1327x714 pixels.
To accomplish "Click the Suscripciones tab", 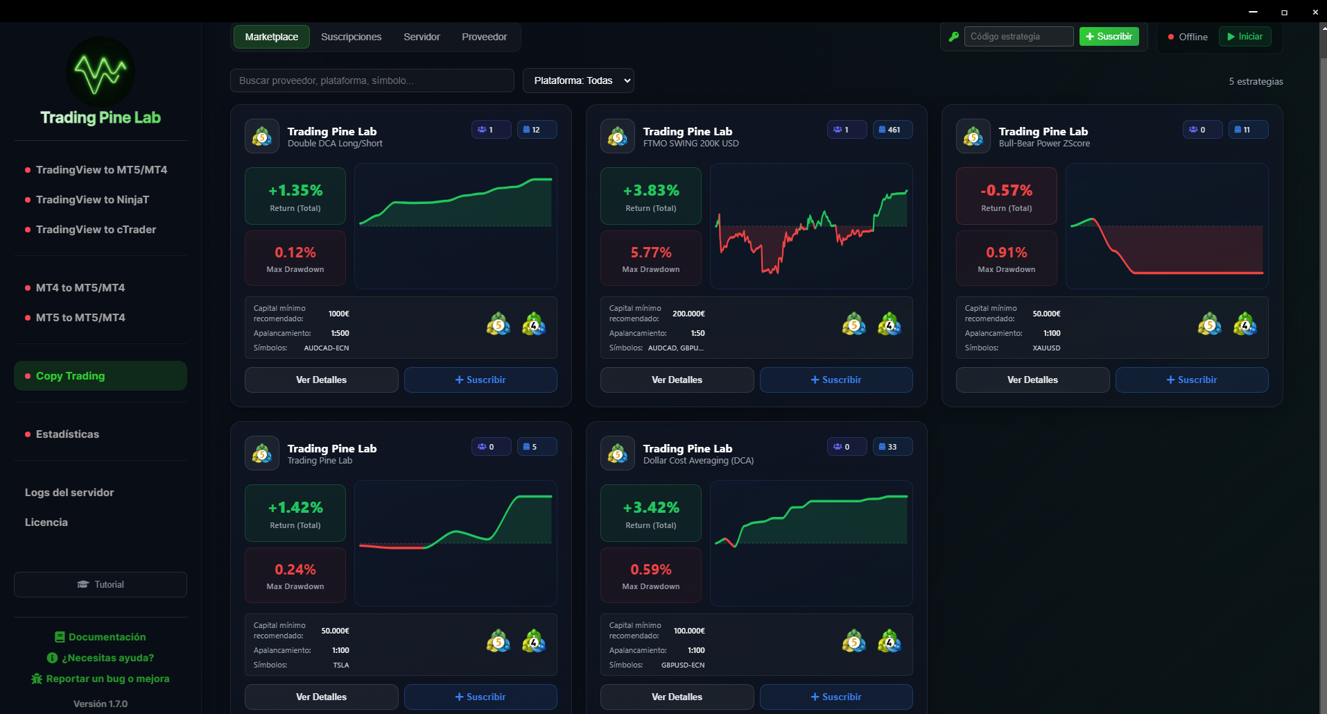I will (351, 37).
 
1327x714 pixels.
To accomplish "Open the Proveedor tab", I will (484, 37).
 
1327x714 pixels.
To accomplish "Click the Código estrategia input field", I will (1018, 37).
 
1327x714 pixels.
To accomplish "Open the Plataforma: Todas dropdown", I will (578, 80).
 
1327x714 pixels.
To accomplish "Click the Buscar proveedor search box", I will (372, 80).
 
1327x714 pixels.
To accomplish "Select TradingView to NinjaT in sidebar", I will (92, 200).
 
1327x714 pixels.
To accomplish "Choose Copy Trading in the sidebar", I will (71, 376).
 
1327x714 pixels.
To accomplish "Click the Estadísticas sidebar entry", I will (67, 434).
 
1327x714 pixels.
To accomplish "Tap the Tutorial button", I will (101, 584).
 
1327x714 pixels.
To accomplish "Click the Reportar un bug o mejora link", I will (107, 679).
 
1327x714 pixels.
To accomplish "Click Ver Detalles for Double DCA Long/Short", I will (321, 380).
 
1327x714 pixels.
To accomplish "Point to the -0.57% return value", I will (1006, 190).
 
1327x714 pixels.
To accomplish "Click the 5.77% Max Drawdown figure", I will (650, 253).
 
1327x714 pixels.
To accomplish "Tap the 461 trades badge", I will (892, 130).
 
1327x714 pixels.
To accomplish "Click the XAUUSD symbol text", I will (1046, 348).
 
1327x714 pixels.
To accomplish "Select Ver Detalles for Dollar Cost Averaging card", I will (677, 697).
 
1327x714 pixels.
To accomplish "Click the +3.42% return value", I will (650, 507).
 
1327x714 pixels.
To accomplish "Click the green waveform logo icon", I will (101, 71).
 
